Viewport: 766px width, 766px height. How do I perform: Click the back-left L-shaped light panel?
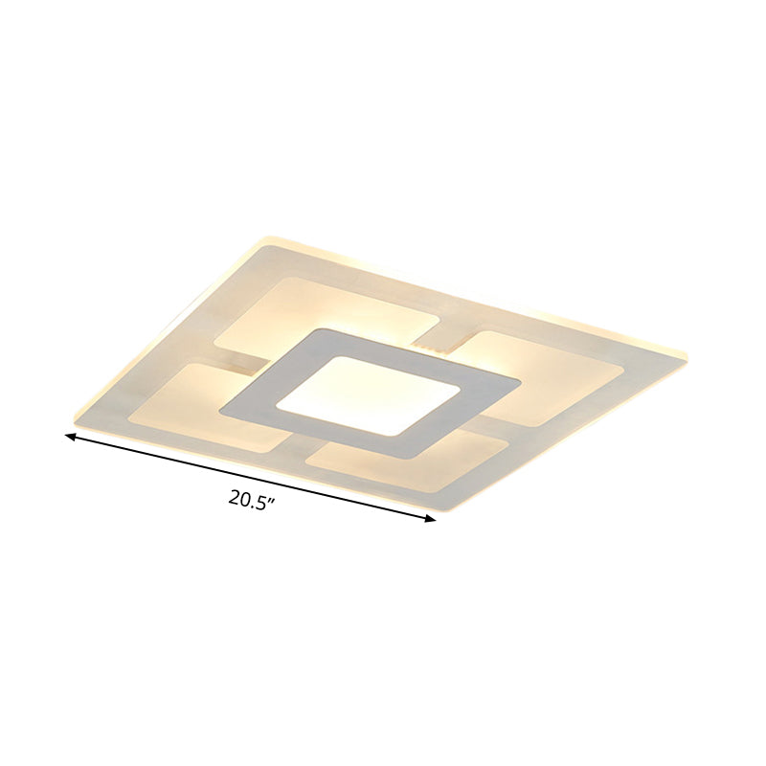coord(316,306)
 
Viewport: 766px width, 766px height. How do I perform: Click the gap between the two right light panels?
coord(498,414)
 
